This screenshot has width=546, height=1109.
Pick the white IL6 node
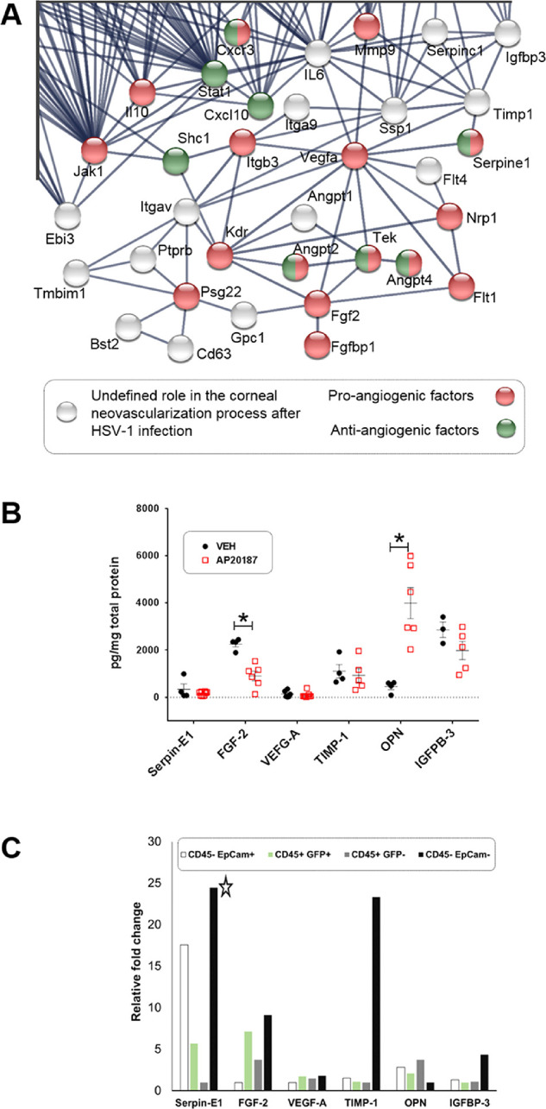point(318,54)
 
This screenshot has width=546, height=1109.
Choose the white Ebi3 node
point(66,216)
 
